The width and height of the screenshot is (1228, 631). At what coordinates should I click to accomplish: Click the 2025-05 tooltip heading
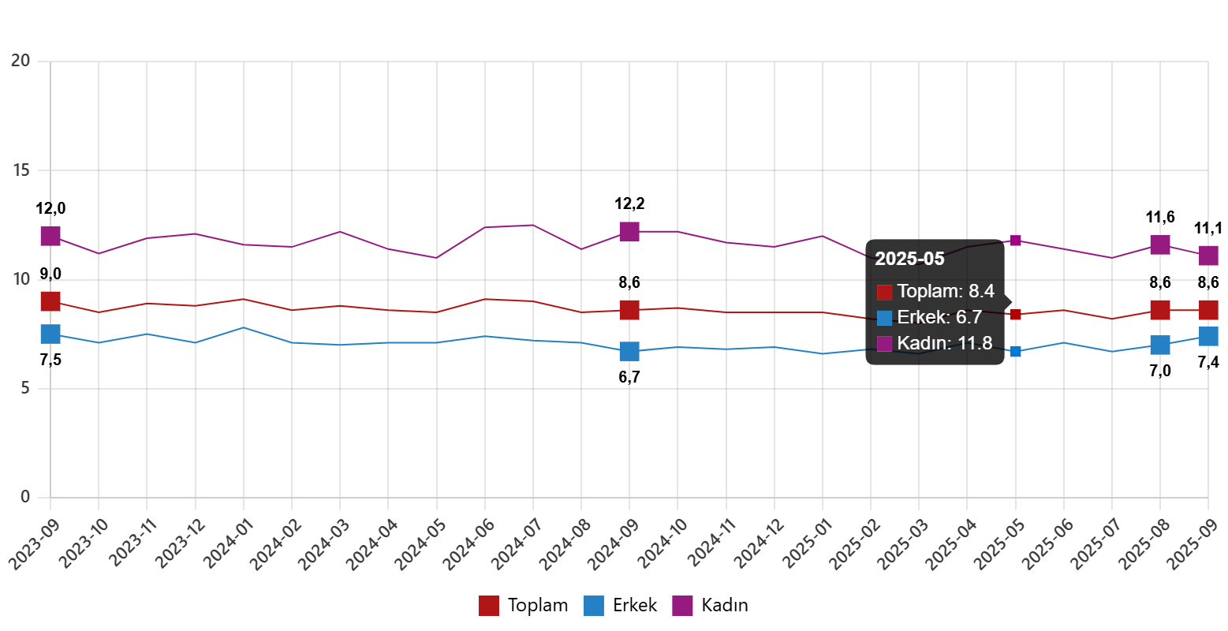pos(909,259)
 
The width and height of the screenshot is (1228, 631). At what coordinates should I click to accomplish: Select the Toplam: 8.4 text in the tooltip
pos(946,291)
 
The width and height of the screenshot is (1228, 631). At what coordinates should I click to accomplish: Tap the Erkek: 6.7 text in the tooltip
pos(939,317)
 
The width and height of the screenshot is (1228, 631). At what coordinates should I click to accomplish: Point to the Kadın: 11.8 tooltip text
pos(945,343)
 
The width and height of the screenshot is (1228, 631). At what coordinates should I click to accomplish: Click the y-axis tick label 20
pos(21,60)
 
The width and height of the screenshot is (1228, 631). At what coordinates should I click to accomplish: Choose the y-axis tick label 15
pos(21,170)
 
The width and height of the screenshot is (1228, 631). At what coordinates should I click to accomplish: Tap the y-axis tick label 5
pos(25,388)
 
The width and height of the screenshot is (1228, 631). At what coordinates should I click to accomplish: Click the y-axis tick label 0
pos(25,497)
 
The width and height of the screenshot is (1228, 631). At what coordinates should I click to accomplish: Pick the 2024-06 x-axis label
pos(469,544)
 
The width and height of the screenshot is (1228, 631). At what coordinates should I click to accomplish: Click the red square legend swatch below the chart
pos(488,606)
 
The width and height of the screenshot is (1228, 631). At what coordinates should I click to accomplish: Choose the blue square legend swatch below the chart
pos(593,606)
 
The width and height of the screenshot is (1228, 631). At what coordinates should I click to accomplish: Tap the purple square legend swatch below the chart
pos(682,606)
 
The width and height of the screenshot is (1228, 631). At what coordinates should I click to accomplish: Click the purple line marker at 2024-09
pos(629,232)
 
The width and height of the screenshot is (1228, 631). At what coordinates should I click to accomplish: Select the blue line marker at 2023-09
pos(50,334)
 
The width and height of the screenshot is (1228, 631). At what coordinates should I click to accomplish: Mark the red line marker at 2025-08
pos(1159,310)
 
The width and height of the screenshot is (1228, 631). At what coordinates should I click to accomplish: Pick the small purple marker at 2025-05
pos(1015,241)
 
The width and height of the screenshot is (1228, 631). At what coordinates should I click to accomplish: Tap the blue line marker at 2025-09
pos(1208,336)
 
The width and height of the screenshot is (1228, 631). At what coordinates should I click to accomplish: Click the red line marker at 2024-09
pos(629,310)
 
